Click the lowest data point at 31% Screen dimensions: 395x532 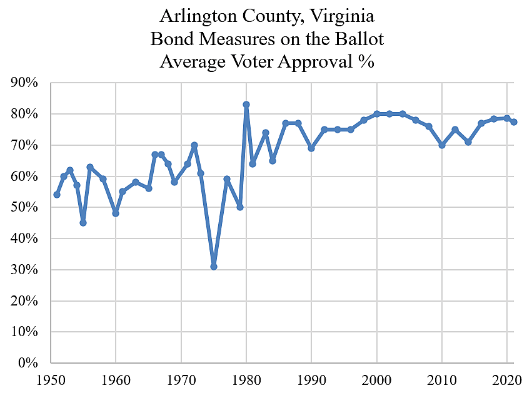pyautogui.click(x=214, y=267)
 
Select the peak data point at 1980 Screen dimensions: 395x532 pyautogui.click(x=246, y=105)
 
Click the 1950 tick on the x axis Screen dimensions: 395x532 pyautogui.click(x=50, y=379)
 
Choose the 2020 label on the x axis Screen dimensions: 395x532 pyautogui.click(x=507, y=379)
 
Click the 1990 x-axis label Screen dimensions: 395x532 pyautogui.click(x=311, y=379)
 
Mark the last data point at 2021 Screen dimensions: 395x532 pyautogui.click(x=513, y=122)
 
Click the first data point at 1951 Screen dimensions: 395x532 pyautogui.click(x=57, y=195)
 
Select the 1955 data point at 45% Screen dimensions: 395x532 pyautogui.click(x=83, y=223)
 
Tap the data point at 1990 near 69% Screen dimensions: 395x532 pyautogui.click(x=311, y=148)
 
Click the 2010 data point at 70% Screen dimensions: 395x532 pyautogui.click(x=442, y=145)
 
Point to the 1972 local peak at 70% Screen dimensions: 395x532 pyautogui.click(x=194, y=145)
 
